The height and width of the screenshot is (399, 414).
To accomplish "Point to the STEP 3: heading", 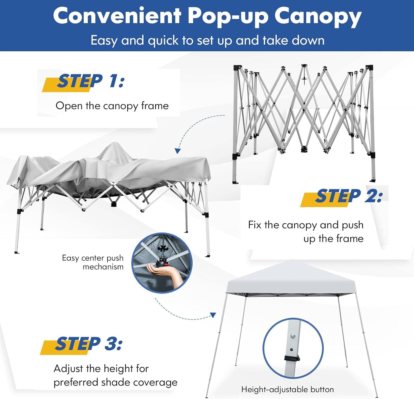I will pos(88,344).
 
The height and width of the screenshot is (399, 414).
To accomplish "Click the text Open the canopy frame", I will pos(112,106).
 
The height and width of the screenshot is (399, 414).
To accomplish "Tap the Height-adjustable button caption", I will pos(287,389).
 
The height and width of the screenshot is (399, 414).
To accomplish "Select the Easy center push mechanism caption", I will pos(93,262).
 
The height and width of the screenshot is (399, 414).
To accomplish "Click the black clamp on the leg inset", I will pos(292,358).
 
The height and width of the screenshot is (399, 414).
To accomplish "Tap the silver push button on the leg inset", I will pos(293,336).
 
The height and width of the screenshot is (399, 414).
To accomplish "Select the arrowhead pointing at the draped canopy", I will pos(178,151).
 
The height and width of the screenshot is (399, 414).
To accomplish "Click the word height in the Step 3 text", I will pos(118,368).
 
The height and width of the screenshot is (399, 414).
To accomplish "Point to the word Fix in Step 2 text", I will pos(254,225).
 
